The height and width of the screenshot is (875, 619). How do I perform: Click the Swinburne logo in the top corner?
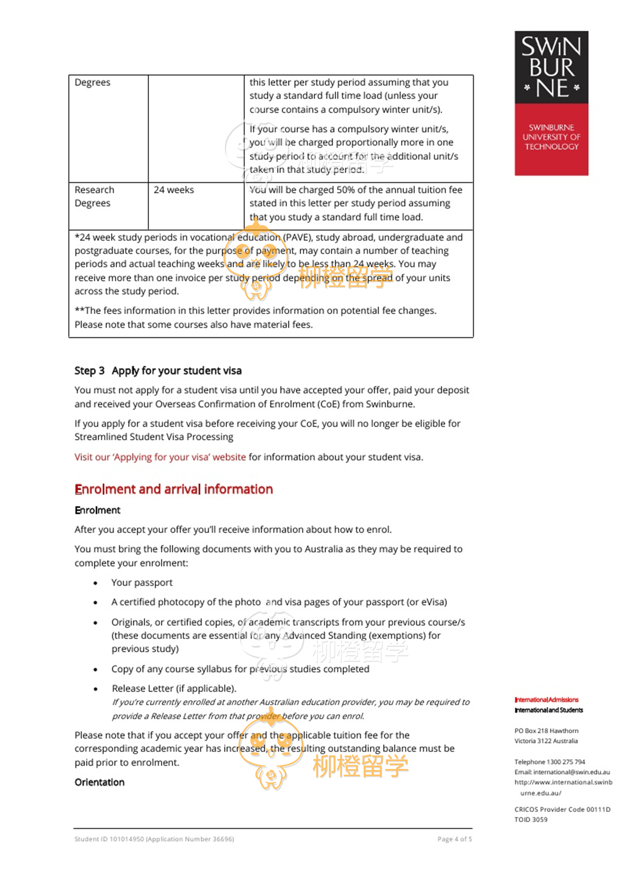coord(551,103)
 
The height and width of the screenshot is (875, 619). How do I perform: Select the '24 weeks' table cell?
coord(174,190)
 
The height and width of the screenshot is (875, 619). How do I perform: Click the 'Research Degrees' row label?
coord(94,197)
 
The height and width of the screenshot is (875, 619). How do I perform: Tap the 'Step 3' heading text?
coord(89,371)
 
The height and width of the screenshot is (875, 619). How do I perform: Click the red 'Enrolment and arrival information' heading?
coord(174,489)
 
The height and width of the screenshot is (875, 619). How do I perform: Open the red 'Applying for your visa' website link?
coord(160,457)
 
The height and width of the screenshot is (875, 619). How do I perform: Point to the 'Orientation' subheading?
coord(99,782)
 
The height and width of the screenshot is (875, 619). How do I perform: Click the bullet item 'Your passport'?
coord(142,582)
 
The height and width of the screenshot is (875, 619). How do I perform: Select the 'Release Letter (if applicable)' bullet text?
coord(174,689)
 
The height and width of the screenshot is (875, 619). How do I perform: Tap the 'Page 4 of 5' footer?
coord(455,839)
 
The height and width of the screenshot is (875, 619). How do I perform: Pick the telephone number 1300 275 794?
coord(566,762)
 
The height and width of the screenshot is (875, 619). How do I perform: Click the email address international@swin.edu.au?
coord(571,772)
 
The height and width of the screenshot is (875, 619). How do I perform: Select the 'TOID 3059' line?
coord(531,819)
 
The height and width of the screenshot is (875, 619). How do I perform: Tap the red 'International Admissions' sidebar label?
coord(546,700)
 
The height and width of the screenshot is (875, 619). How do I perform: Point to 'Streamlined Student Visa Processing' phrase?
coord(154,437)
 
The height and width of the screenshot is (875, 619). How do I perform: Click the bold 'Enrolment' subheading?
coord(97,510)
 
